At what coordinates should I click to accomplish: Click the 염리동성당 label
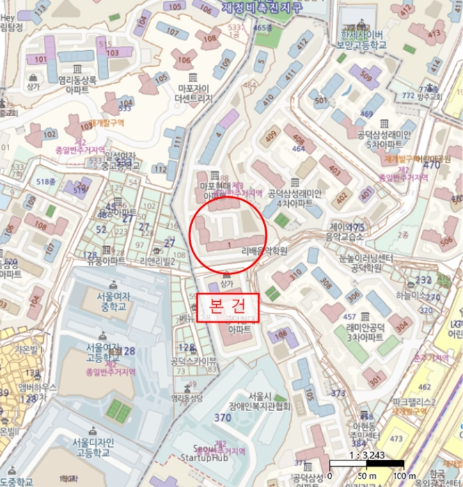[188, 398]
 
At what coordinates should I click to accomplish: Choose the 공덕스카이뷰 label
[194, 361]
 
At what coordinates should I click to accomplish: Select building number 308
[326, 283]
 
